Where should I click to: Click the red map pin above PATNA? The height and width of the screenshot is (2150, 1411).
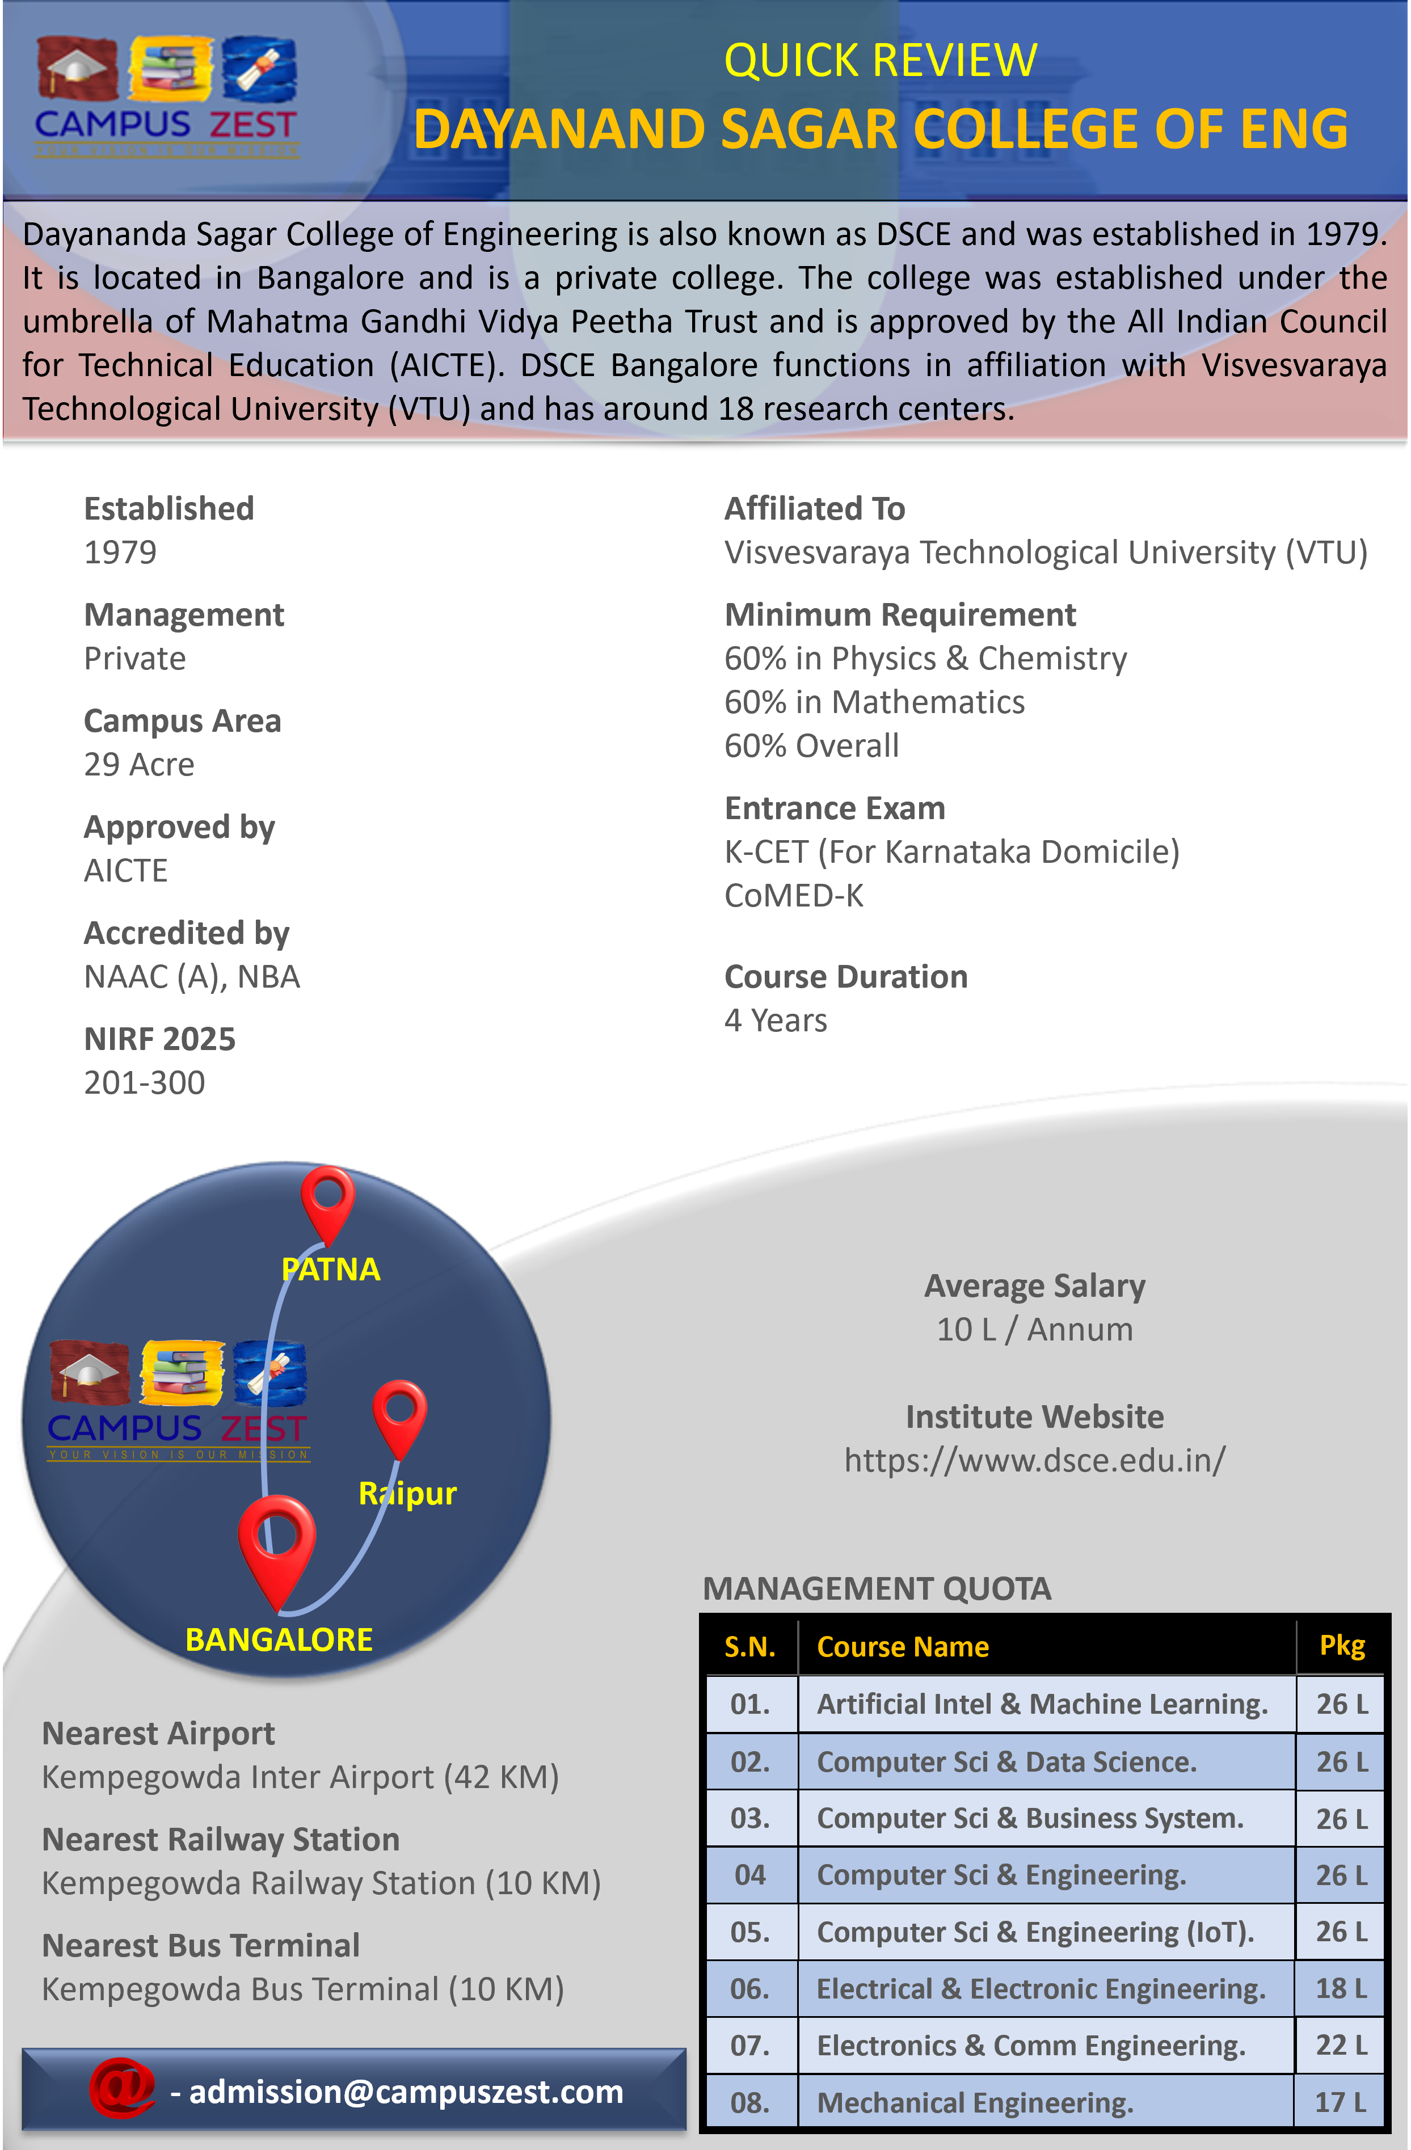tap(327, 1200)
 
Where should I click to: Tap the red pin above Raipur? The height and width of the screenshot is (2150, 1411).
tap(399, 1413)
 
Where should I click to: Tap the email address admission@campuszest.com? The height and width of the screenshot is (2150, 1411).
tap(406, 2091)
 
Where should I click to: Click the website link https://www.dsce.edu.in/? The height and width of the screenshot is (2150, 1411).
tap(1034, 1460)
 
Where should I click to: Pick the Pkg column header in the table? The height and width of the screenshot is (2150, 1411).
tap(1341, 1646)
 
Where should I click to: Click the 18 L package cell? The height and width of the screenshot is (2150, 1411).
tap(1341, 1988)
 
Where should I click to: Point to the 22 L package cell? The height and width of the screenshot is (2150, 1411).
tap(1341, 2045)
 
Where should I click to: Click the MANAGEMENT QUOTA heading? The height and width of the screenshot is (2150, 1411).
tap(876, 1588)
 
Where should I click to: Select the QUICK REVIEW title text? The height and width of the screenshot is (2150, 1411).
tap(880, 61)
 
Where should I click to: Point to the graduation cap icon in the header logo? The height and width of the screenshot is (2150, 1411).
tap(77, 67)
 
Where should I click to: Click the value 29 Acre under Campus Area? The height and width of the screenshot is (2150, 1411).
tap(139, 764)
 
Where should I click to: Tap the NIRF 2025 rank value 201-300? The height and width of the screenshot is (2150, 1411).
tap(145, 1082)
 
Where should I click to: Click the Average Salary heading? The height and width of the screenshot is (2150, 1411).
tap(1034, 1285)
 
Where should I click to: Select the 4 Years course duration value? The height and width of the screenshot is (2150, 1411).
tap(775, 1020)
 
